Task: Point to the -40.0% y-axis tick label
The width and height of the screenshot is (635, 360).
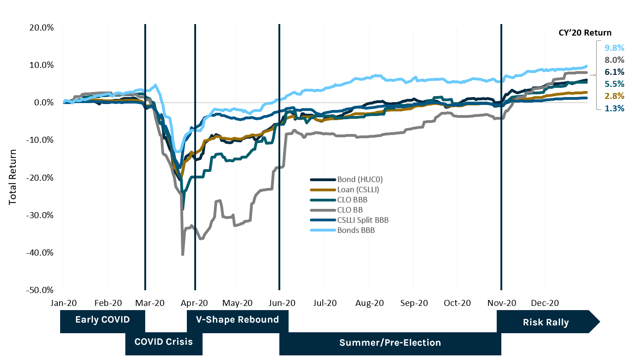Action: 41,253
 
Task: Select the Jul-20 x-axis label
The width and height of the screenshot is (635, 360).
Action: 325,303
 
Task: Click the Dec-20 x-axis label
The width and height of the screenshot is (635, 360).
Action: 545,303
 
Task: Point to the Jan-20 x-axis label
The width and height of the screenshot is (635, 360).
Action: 63,303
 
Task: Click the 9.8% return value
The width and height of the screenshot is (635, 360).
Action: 614,48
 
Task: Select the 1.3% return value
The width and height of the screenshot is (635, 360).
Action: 614,109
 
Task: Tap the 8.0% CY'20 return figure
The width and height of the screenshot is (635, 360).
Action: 614,60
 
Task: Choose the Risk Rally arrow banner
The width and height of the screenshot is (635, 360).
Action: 546,322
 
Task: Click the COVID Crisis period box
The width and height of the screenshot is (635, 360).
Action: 163,342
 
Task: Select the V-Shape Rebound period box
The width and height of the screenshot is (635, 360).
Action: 237,320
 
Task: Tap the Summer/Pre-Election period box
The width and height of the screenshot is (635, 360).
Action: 390,343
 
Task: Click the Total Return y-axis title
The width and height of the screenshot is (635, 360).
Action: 12,177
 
